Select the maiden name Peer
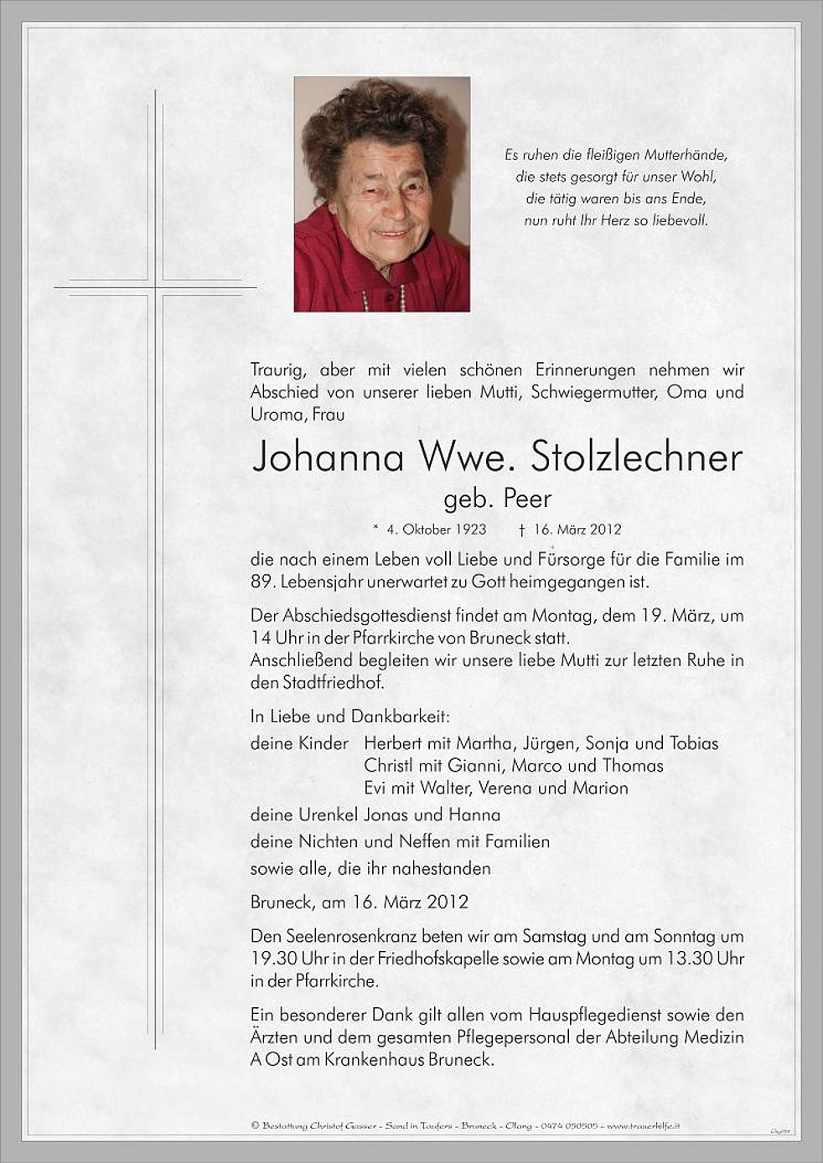(529, 499)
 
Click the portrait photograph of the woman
(381, 194)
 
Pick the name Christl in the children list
(388, 766)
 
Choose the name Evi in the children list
(377, 788)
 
